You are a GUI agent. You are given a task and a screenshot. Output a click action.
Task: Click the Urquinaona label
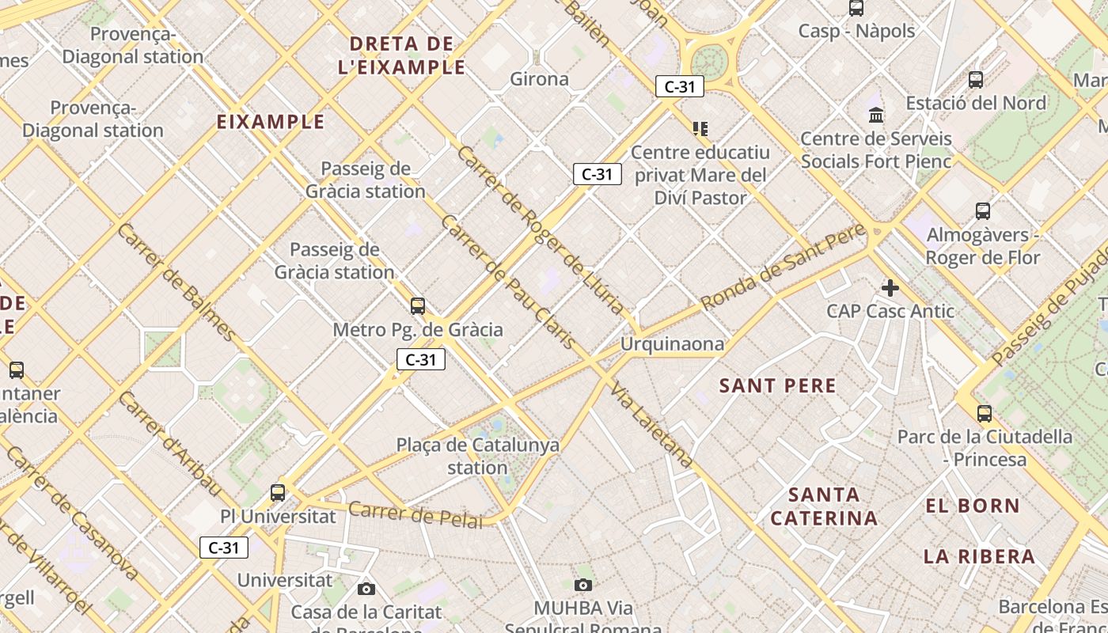pos(672,343)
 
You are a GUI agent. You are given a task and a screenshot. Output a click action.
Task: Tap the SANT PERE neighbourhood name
pos(777,386)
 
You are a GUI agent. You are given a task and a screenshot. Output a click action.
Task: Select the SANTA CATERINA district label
pos(824,506)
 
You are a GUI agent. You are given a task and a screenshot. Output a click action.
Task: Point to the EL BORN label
pos(973,506)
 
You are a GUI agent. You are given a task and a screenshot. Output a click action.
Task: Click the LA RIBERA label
pos(979,556)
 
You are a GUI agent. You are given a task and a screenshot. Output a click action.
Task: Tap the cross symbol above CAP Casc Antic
pos(890,288)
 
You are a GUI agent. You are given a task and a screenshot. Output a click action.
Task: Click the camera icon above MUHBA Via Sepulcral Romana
pos(583,585)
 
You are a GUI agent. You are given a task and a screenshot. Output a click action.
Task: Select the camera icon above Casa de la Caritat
pos(366,589)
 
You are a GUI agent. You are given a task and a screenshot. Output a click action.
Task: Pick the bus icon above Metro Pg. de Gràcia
pos(418,305)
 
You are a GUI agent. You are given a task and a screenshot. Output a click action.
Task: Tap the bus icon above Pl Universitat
pos(278,492)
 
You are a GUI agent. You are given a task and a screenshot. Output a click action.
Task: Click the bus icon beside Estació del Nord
pos(976,80)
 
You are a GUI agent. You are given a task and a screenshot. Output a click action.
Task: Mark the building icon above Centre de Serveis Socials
pos(876,116)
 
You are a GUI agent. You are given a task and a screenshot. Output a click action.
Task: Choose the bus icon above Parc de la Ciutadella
pos(985,413)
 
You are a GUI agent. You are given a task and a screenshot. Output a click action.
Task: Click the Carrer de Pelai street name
pos(415,514)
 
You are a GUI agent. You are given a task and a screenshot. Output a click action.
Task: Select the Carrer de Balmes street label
pos(176,281)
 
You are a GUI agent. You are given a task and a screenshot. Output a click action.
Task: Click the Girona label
pos(539,79)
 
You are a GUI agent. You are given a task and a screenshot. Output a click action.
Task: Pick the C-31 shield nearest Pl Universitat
pos(224,548)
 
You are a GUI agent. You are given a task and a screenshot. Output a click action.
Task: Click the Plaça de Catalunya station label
pos(477,456)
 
